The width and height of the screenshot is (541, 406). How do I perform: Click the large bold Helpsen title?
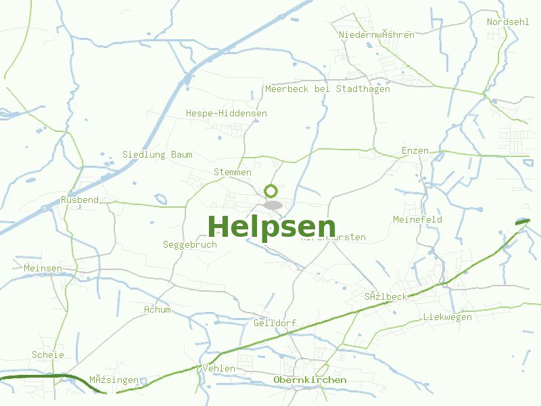point(271,227)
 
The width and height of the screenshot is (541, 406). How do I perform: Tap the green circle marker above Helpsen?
point(270,191)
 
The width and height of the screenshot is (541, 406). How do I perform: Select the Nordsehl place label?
point(507,22)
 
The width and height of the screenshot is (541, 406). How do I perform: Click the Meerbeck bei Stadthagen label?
point(327,89)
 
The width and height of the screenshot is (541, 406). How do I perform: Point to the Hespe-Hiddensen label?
point(226,113)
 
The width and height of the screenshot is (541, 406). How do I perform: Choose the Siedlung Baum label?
point(157,154)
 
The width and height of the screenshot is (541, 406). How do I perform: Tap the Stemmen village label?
point(232,172)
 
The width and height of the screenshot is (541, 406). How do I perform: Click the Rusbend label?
point(79,200)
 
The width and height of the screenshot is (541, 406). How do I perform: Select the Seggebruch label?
point(189,244)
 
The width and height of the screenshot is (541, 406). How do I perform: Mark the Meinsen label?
point(42,268)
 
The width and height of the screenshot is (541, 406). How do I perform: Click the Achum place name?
point(157,309)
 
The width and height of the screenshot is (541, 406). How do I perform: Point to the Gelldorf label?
point(275,323)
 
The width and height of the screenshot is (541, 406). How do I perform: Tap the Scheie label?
point(47,355)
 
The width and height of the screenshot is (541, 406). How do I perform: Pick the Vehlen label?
point(218,368)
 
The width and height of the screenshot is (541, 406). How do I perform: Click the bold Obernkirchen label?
point(310,380)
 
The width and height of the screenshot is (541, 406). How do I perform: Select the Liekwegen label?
point(447,317)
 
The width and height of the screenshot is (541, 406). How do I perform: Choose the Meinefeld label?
point(417,219)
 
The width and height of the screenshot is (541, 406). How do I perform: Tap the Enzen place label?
point(415,150)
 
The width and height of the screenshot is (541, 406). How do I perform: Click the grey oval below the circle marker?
point(273,204)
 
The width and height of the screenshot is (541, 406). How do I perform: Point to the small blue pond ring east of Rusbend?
point(160,199)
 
